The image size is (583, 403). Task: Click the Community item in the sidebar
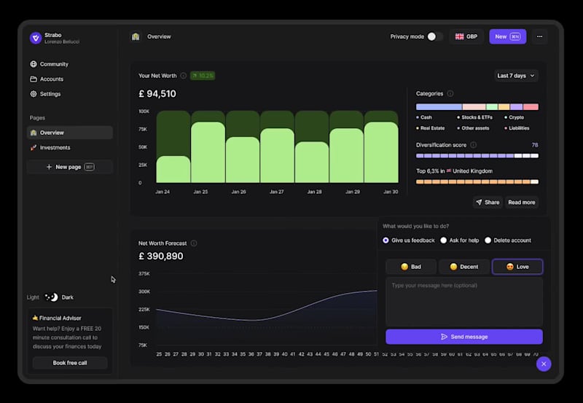[x=54, y=64]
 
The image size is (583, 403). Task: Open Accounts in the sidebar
[x=51, y=79]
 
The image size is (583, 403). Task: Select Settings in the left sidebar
[x=50, y=94]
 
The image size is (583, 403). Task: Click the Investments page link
[x=55, y=147]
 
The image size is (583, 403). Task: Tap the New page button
[x=69, y=167]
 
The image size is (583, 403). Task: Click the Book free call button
[x=70, y=363]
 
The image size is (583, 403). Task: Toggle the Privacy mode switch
[x=434, y=36]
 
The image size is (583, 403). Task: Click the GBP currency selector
[x=466, y=36]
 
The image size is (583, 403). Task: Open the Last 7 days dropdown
[x=517, y=76]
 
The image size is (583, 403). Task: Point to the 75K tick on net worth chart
[x=144, y=129]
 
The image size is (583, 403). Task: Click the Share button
[x=488, y=202]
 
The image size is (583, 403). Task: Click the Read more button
[x=521, y=202]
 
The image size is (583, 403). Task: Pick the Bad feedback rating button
[x=411, y=267]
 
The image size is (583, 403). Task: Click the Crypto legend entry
[x=515, y=117]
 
